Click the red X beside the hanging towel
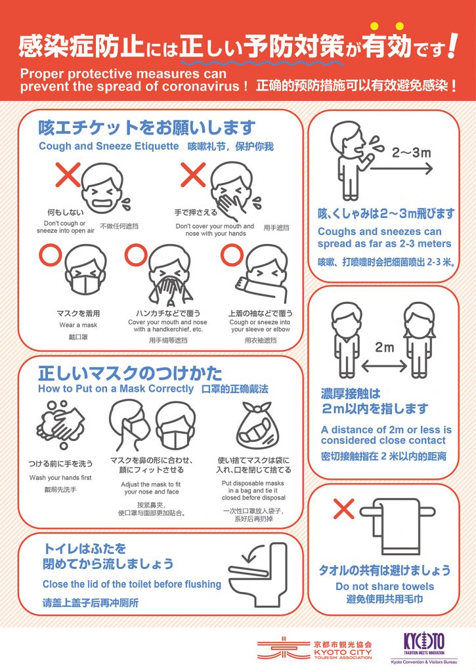click(343, 509)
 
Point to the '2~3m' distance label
click(411, 152)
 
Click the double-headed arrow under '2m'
click(384, 366)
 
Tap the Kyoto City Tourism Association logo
click(315, 648)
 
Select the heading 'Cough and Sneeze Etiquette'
click(108, 146)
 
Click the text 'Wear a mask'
click(78, 325)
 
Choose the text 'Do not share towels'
click(385, 586)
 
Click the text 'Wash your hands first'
click(60, 478)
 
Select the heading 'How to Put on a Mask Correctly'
click(116, 388)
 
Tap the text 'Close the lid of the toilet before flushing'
click(132, 584)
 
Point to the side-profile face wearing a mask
click(129, 425)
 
